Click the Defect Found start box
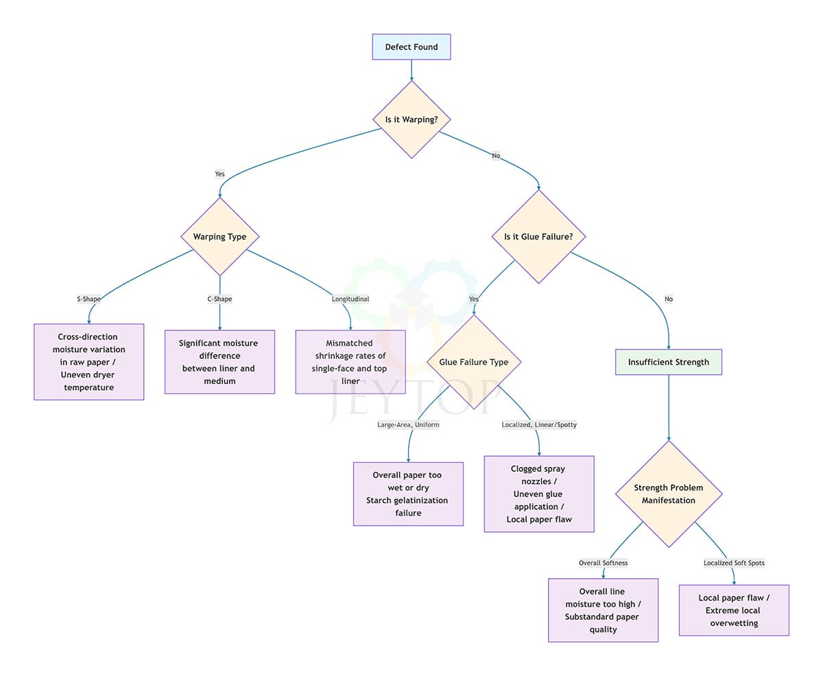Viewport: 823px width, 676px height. point(411,47)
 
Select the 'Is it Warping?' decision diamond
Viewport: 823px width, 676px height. point(411,119)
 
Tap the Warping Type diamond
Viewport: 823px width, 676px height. point(219,237)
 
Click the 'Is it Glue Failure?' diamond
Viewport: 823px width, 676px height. point(539,237)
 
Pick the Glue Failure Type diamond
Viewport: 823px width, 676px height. point(474,362)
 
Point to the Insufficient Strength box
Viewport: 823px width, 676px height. point(669,362)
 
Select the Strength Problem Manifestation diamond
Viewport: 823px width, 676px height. point(669,494)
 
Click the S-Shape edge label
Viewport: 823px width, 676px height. point(89,299)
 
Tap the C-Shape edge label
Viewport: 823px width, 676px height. point(219,299)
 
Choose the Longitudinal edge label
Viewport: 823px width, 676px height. point(350,299)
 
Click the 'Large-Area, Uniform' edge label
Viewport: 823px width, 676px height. point(408,424)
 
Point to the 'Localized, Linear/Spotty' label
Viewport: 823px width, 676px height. point(539,424)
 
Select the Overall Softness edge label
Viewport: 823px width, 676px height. point(603,563)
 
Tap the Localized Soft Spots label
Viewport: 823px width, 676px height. point(734,563)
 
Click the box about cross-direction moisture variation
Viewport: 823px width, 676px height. point(89,362)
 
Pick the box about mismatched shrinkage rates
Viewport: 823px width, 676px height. point(350,362)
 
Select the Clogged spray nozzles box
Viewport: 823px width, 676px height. point(539,494)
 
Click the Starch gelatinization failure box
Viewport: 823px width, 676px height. point(408,494)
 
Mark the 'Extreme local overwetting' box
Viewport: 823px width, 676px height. point(734,610)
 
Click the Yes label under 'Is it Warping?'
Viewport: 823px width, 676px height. point(219,174)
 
